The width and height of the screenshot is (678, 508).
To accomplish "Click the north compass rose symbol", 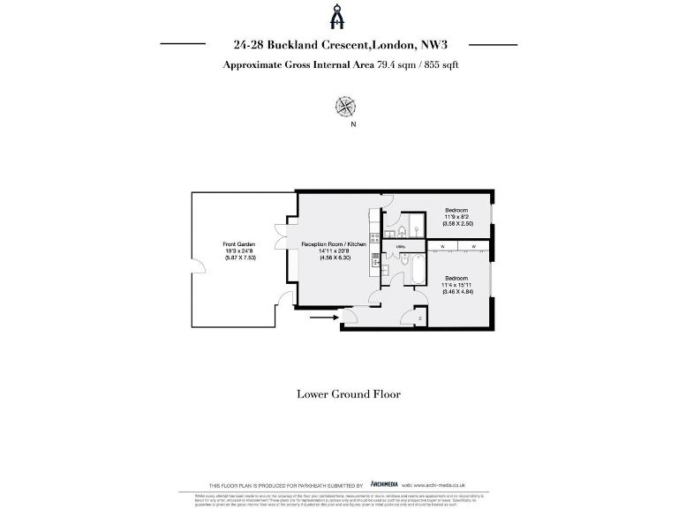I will pos(344,107).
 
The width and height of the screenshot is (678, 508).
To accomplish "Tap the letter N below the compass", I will pos(354,124).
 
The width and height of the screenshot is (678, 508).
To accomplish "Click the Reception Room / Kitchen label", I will pos(333,243).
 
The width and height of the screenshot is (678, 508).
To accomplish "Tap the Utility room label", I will pos(401,246).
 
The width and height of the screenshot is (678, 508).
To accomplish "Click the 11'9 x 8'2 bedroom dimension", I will pos(456,217).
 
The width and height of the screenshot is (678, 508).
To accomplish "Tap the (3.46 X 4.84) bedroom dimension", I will pos(457,291).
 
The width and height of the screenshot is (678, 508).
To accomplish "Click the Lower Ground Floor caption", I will pos(348,394).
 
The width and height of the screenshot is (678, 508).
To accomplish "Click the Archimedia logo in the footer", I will pos(383,485).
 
